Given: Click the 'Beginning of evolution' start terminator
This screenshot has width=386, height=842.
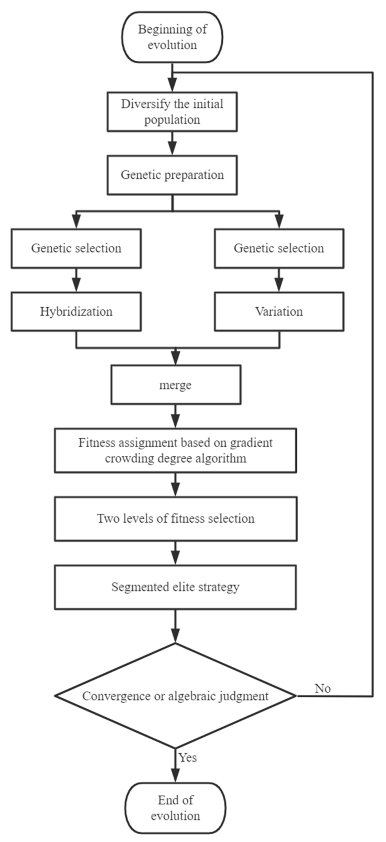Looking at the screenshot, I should pos(172,37).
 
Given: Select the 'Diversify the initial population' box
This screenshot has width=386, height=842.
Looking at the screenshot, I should pos(172,112).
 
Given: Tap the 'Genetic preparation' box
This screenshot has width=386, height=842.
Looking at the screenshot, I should pos(172,175).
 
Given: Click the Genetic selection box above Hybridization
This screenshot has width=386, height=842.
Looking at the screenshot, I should pos(76,249).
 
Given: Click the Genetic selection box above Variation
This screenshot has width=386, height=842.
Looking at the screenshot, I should pos(279,249).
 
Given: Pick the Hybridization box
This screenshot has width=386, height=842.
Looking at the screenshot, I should pos(76,311).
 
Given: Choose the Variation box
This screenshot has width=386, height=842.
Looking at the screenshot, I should pos(279,311).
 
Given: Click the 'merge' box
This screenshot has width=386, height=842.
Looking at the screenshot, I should pos(176,385).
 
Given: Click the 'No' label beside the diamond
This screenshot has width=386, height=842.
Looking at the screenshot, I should pos(323,688).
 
